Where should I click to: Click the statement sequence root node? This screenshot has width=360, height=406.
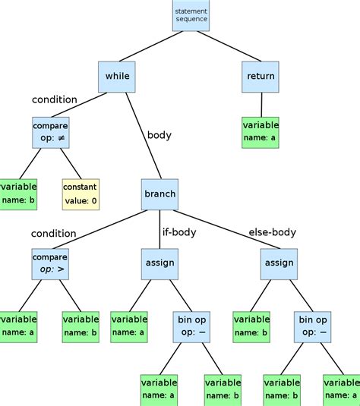coord(191,15)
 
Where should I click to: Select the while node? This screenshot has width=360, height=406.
coord(118,77)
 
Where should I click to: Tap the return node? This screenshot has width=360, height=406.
coord(261,77)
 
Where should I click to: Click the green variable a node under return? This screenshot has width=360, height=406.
coord(261,132)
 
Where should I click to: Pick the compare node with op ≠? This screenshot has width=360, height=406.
coord(51,131)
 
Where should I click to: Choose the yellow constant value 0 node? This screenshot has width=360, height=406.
coord(81,194)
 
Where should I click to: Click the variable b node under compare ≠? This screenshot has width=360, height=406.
coord(17,194)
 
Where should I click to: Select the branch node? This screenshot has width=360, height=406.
coord(159,194)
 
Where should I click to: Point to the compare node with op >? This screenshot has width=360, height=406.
coord(50,263)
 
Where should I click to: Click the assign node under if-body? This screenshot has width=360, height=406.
coord(159,263)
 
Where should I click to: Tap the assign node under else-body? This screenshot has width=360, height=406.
coord(277,263)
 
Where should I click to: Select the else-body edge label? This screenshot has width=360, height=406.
coord(272,232)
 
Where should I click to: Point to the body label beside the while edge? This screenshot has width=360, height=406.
coord(159,135)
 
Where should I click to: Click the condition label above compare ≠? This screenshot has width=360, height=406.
coord(54,99)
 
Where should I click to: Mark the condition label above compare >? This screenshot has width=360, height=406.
coord(53,233)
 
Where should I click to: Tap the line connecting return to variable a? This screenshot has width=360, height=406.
coord(261,104)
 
